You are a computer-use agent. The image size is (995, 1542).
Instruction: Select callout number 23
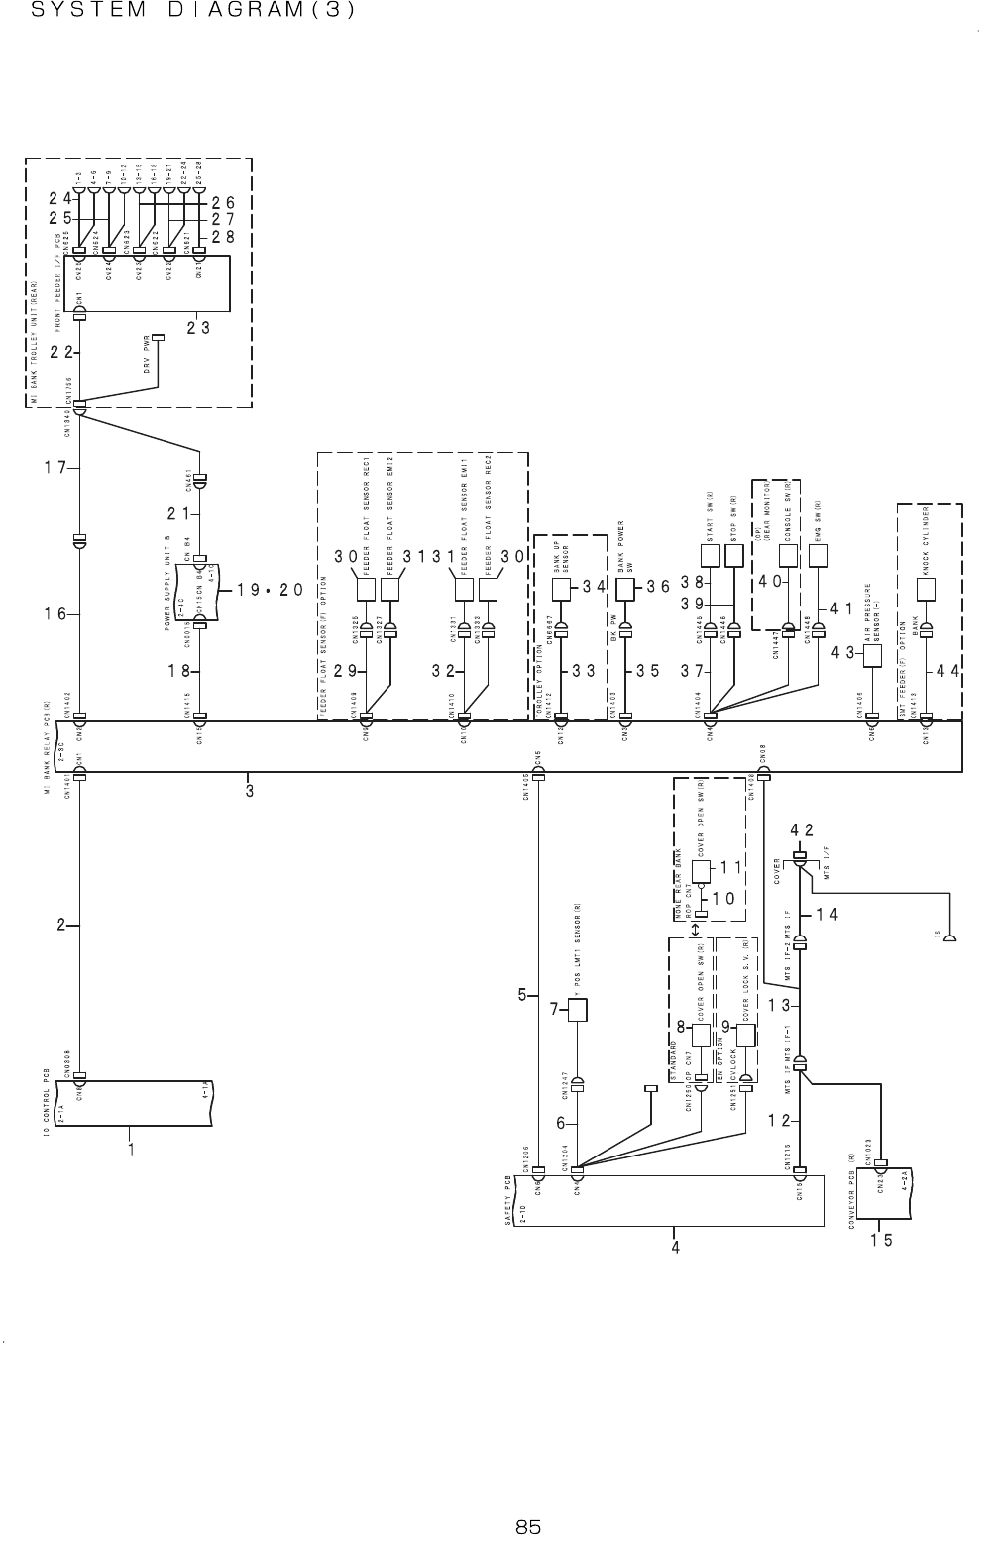(x=199, y=329)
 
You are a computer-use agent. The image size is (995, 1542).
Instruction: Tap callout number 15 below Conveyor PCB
(x=882, y=1239)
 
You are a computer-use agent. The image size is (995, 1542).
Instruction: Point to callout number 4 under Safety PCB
(x=675, y=1247)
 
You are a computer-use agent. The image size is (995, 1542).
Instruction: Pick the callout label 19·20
(x=270, y=590)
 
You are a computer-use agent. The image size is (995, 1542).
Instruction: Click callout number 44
(x=948, y=671)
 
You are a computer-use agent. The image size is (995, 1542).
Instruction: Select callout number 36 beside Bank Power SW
(x=659, y=586)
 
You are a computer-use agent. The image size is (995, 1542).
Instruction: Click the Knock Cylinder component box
(x=927, y=589)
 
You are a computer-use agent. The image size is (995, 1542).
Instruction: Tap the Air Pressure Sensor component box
(x=873, y=656)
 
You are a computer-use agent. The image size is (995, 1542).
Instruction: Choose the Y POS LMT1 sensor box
(x=578, y=1010)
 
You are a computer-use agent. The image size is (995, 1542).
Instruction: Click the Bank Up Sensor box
(x=561, y=589)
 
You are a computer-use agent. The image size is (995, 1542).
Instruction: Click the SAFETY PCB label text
(x=508, y=1203)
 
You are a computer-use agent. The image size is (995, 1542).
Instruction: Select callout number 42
(x=802, y=829)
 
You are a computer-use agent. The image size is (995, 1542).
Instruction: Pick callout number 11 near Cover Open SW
(x=731, y=867)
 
